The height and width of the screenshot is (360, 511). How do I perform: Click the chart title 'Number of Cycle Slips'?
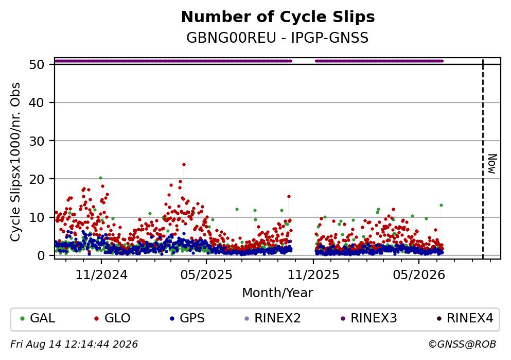[278, 17]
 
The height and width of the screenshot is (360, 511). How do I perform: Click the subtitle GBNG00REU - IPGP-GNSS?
[277, 38]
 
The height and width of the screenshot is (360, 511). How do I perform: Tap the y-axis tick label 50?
[37, 64]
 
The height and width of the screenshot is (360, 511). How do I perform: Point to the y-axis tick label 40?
[37, 102]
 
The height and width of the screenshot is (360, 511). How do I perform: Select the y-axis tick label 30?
[37, 141]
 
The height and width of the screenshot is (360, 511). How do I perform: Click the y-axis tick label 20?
[37, 179]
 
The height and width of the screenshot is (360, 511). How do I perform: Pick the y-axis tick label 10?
[37, 217]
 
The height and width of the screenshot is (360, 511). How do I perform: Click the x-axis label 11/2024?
[101, 275]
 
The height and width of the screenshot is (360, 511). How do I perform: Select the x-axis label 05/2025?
[206, 275]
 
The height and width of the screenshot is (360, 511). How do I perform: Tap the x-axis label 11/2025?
[313, 275]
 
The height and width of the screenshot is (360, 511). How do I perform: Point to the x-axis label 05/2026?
[419, 275]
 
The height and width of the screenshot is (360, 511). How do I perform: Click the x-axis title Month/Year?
[277, 293]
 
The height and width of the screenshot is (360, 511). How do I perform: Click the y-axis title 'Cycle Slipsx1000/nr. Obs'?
[15, 162]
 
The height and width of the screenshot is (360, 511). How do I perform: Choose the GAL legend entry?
[38, 318]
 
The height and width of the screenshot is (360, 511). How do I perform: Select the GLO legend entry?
[112, 318]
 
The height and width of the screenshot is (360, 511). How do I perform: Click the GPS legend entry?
[187, 318]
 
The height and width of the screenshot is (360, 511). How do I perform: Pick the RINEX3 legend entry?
[369, 318]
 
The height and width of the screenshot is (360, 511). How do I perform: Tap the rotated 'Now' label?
[492, 164]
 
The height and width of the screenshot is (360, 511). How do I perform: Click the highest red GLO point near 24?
[184, 165]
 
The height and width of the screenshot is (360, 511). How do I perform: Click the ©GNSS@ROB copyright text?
[462, 345]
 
